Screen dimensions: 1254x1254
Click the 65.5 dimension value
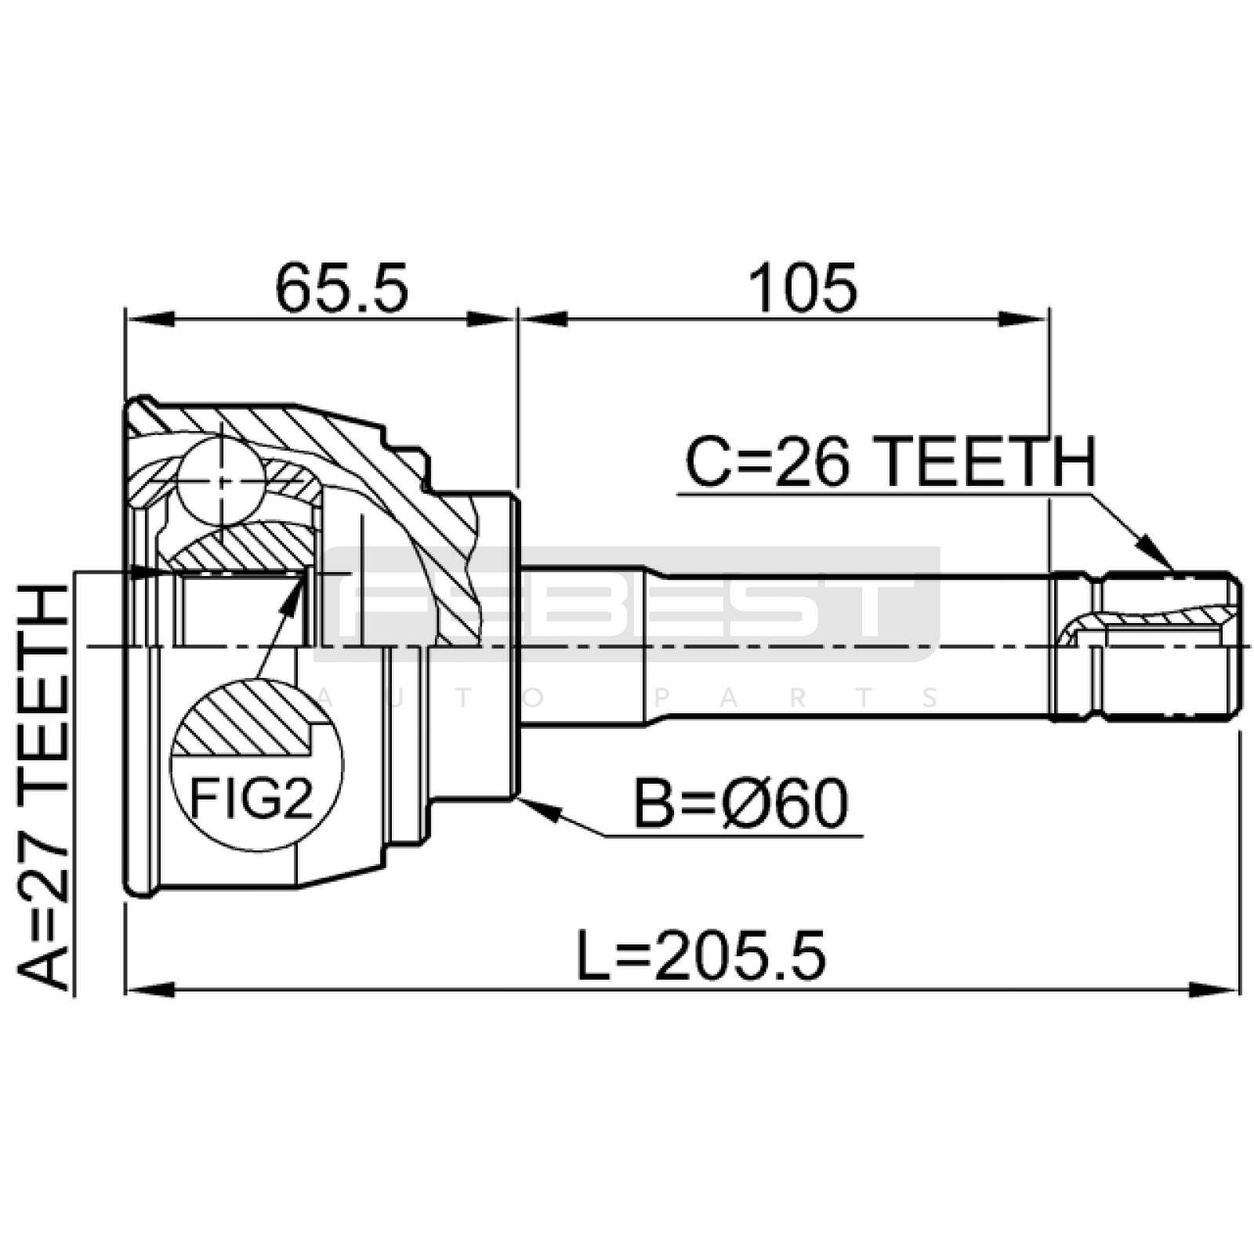342,288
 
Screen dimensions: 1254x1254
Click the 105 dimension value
803,288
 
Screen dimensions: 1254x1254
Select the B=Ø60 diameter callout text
741,804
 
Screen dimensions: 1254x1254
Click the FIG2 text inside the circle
251,799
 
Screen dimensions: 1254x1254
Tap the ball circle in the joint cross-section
221,480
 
